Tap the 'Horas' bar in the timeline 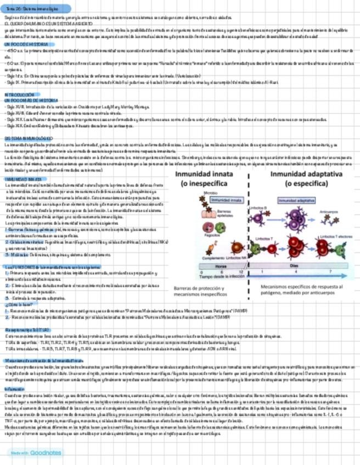(221, 265)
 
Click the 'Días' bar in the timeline (301, 265)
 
